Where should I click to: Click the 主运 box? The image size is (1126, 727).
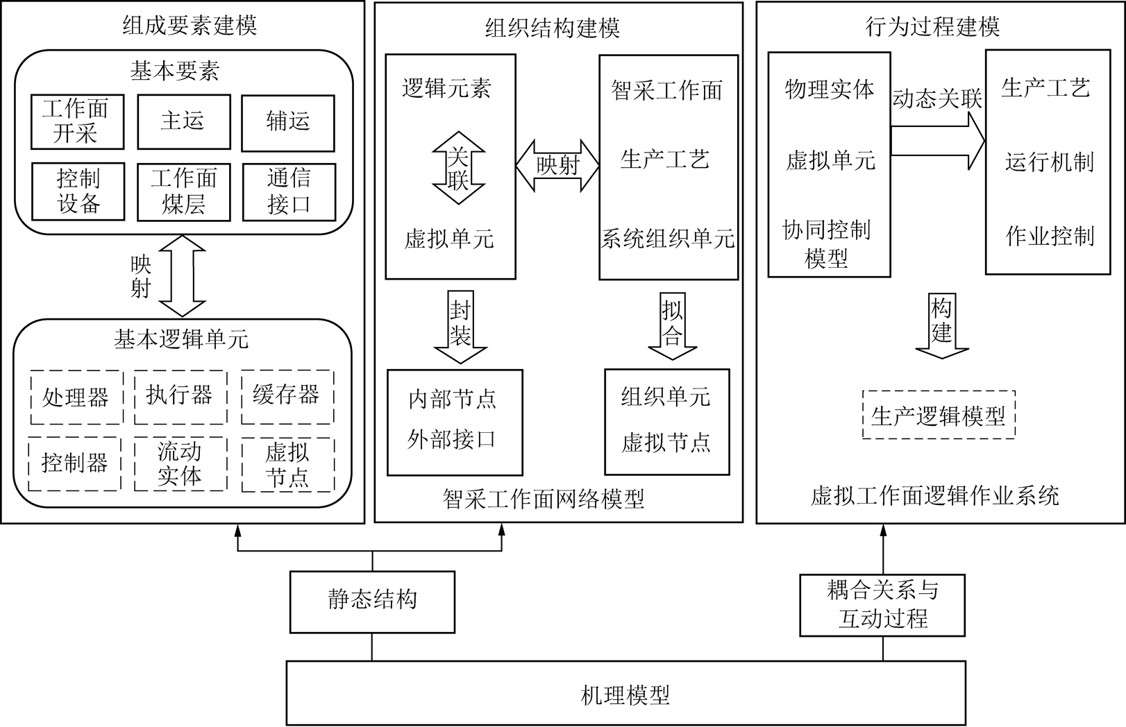[184, 122]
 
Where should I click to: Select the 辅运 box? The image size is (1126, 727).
[288, 123]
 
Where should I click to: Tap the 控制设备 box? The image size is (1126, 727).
[78, 191]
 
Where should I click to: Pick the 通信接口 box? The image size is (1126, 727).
[289, 192]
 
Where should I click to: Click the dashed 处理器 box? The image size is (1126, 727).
[77, 397]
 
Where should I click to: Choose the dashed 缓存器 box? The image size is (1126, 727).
[287, 397]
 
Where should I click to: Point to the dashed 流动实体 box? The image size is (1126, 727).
[181, 463]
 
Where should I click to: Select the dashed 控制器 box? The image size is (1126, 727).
[74, 463]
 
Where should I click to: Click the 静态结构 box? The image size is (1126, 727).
[373, 602]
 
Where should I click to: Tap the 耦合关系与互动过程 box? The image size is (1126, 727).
[883, 606]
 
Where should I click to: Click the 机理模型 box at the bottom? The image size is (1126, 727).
[626, 693]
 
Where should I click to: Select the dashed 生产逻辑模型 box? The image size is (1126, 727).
[939, 415]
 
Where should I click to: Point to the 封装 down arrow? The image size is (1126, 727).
[460, 327]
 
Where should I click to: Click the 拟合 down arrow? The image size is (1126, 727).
[673, 325]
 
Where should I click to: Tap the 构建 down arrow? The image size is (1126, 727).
[941, 325]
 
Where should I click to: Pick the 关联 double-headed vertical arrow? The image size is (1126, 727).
[458, 168]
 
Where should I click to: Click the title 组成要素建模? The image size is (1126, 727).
[190, 25]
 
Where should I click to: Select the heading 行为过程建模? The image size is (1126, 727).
[932, 26]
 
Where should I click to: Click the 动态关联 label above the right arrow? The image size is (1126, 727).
[937, 99]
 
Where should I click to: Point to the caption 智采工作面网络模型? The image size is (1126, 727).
[544, 499]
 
